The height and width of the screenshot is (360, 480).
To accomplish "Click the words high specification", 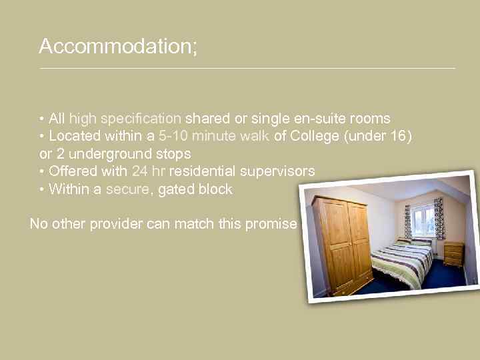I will coord(125,119).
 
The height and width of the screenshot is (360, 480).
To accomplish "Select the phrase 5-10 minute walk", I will coord(213,136).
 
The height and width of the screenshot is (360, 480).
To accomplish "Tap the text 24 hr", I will coord(145,171).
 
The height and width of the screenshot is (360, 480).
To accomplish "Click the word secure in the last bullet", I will coord(128,189).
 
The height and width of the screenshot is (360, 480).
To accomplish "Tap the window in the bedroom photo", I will coord(423,221).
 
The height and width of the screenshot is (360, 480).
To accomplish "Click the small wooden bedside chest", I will coord(453,253).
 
